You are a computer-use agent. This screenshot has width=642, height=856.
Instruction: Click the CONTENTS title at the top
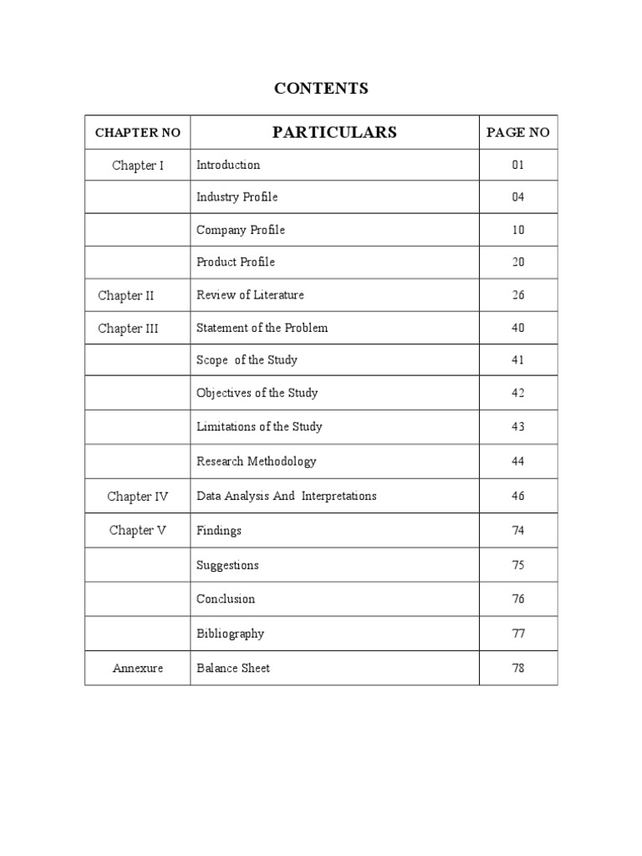tap(321, 89)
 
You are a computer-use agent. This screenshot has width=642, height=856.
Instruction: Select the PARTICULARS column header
tap(334, 132)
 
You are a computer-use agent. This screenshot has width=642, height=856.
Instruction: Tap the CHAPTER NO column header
tap(138, 133)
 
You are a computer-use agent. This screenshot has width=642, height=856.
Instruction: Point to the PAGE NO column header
tap(518, 133)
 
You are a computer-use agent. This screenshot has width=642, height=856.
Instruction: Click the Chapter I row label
tap(138, 166)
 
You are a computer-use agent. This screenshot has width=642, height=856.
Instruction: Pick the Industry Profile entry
tap(237, 197)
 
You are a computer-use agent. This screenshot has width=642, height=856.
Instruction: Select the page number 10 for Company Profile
tap(518, 230)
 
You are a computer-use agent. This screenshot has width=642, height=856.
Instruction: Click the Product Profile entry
tap(235, 262)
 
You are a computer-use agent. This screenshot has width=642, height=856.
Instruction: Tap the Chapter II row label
tap(126, 295)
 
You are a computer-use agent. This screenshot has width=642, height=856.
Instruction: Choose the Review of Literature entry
tap(250, 294)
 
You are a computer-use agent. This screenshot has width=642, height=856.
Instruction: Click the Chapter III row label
tap(128, 329)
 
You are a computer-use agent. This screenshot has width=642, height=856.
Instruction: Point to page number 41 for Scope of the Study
tap(518, 360)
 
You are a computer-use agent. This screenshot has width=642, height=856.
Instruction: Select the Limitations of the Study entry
tap(259, 426)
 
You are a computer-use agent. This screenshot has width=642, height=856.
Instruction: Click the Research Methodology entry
tap(256, 461)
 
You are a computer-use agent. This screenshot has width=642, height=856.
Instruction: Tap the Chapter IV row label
tap(138, 497)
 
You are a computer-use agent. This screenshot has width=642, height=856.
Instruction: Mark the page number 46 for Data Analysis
tap(518, 496)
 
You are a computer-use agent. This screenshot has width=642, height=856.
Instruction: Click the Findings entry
tap(219, 530)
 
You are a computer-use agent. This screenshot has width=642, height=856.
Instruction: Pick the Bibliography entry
tap(230, 634)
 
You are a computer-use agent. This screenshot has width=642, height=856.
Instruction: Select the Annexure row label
tap(138, 669)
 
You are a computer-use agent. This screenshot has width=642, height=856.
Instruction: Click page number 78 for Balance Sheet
tap(518, 668)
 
